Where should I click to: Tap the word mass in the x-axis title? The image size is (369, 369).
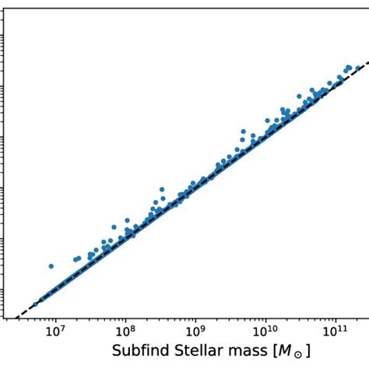247,353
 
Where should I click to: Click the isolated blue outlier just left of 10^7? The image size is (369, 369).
51,266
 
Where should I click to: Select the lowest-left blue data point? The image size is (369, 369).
34,304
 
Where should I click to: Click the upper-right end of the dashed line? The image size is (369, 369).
367,62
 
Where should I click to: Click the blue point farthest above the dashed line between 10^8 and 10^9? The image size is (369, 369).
161,189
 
